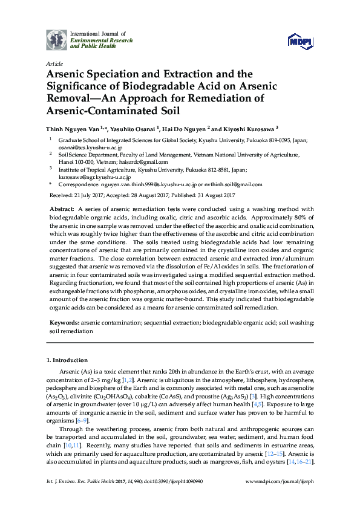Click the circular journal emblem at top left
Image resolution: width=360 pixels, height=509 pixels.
pyautogui.click(x=57, y=40)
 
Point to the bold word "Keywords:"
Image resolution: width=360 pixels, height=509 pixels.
pyautogui.click(x=65, y=323)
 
